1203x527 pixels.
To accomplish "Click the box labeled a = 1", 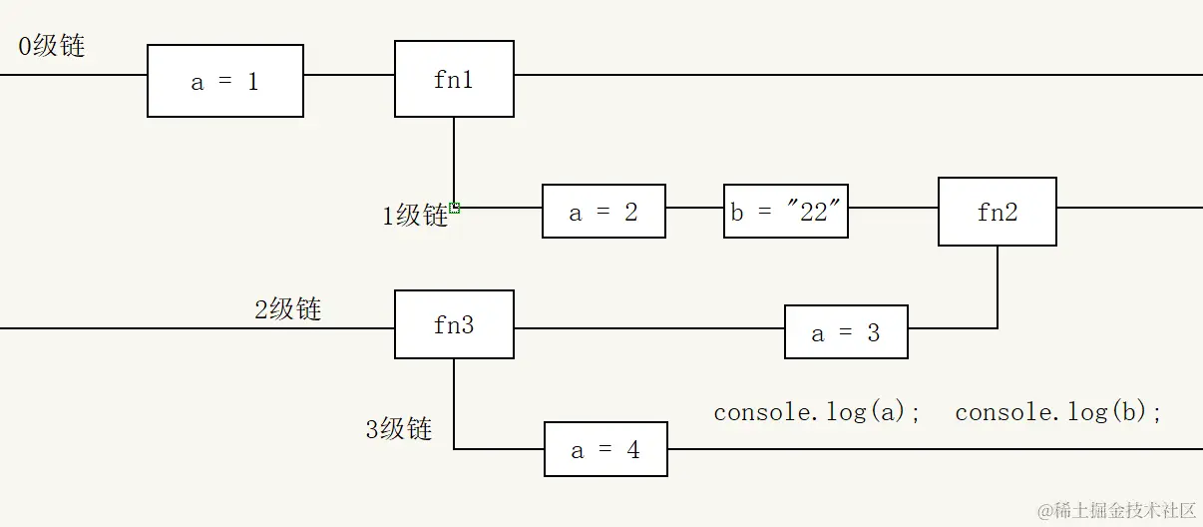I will [225, 81].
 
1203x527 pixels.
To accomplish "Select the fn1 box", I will [454, 79].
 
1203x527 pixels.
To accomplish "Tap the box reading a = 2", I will [603, 211].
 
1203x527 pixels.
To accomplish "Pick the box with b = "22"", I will [786, 211].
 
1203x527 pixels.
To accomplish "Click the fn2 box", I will [997, 212].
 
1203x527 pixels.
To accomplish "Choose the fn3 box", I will [454, 324].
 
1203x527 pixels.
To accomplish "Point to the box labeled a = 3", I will [846, 332].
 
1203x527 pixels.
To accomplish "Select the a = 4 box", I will [605, 449].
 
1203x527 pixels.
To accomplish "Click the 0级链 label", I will [52, 46].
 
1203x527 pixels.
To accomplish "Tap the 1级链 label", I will [415, 216].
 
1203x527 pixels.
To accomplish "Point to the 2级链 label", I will [287, 309].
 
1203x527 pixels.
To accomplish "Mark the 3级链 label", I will [398, 429].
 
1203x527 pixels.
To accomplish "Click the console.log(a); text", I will [818, 412].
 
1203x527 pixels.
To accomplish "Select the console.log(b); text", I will [1058, 412].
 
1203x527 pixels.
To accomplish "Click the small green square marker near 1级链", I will [455, 208].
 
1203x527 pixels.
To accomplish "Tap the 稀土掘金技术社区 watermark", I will [1117, 510].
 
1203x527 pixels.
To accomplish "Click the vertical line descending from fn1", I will [454, 160].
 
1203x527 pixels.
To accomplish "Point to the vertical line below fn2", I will [998, 286].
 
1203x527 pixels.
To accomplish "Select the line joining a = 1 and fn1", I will [349, 75].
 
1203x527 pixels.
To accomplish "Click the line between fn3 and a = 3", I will [648, 328].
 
